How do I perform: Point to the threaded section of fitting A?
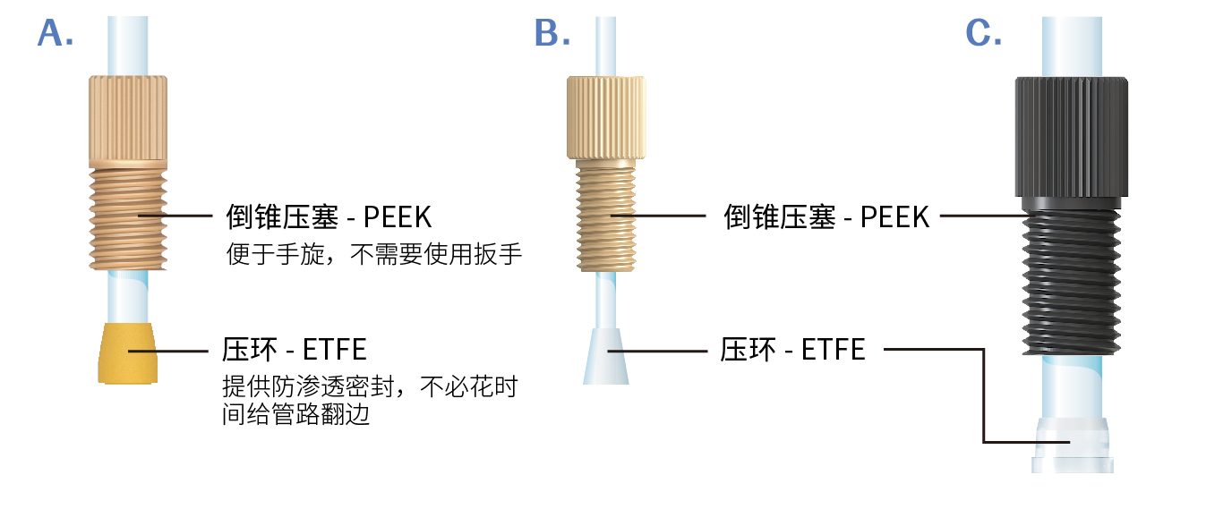tap(128, 215)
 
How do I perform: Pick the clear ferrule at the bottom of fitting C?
tap(1072, 445)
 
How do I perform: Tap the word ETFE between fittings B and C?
tap(833, 349)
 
